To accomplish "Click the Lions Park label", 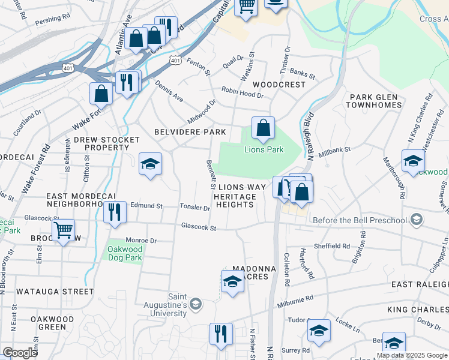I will coord(263,150).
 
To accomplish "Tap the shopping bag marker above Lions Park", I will coord(263,127).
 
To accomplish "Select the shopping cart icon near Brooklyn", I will coord(64,230).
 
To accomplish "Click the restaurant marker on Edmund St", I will coord(114,212).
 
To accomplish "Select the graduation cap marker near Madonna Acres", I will coord(232,281).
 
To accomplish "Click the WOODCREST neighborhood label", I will coord(279,85).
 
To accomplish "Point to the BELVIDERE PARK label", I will coord(190,132).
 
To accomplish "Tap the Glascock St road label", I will coord(199,226).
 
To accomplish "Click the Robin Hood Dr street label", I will coord(243,92).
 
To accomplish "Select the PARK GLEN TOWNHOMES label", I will coord(373,101).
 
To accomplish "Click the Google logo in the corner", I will coord(20,352).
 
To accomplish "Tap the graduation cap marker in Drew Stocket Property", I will coord(150,164).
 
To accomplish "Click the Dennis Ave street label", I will coord(169,91).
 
